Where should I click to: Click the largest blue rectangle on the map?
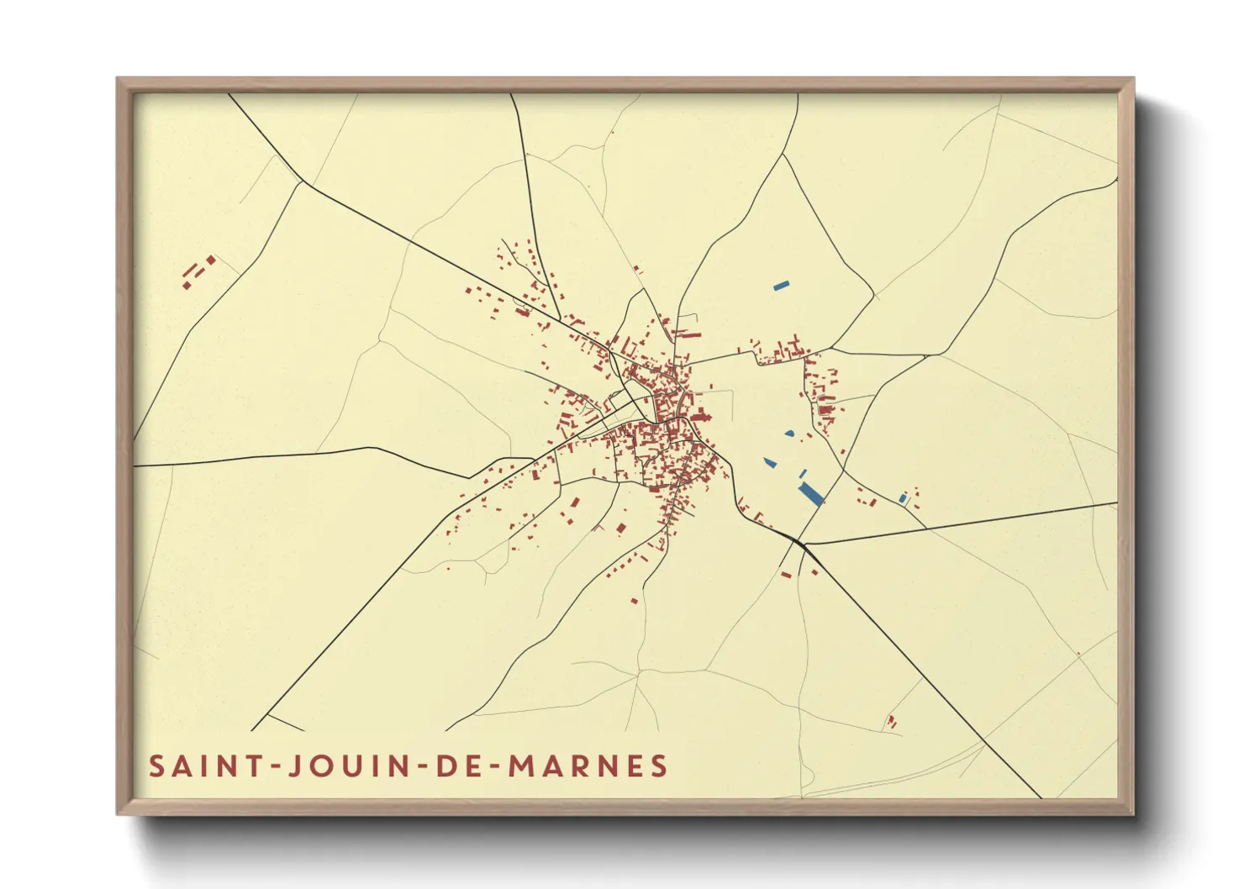click(811, 494)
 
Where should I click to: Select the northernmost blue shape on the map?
click(782, 286)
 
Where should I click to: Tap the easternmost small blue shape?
click(904, 499)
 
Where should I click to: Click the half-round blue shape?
click(789, 434)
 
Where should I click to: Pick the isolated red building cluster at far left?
click(198, 271)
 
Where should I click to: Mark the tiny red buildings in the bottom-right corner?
click(891, 721)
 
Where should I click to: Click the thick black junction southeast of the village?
click(802, 544)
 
